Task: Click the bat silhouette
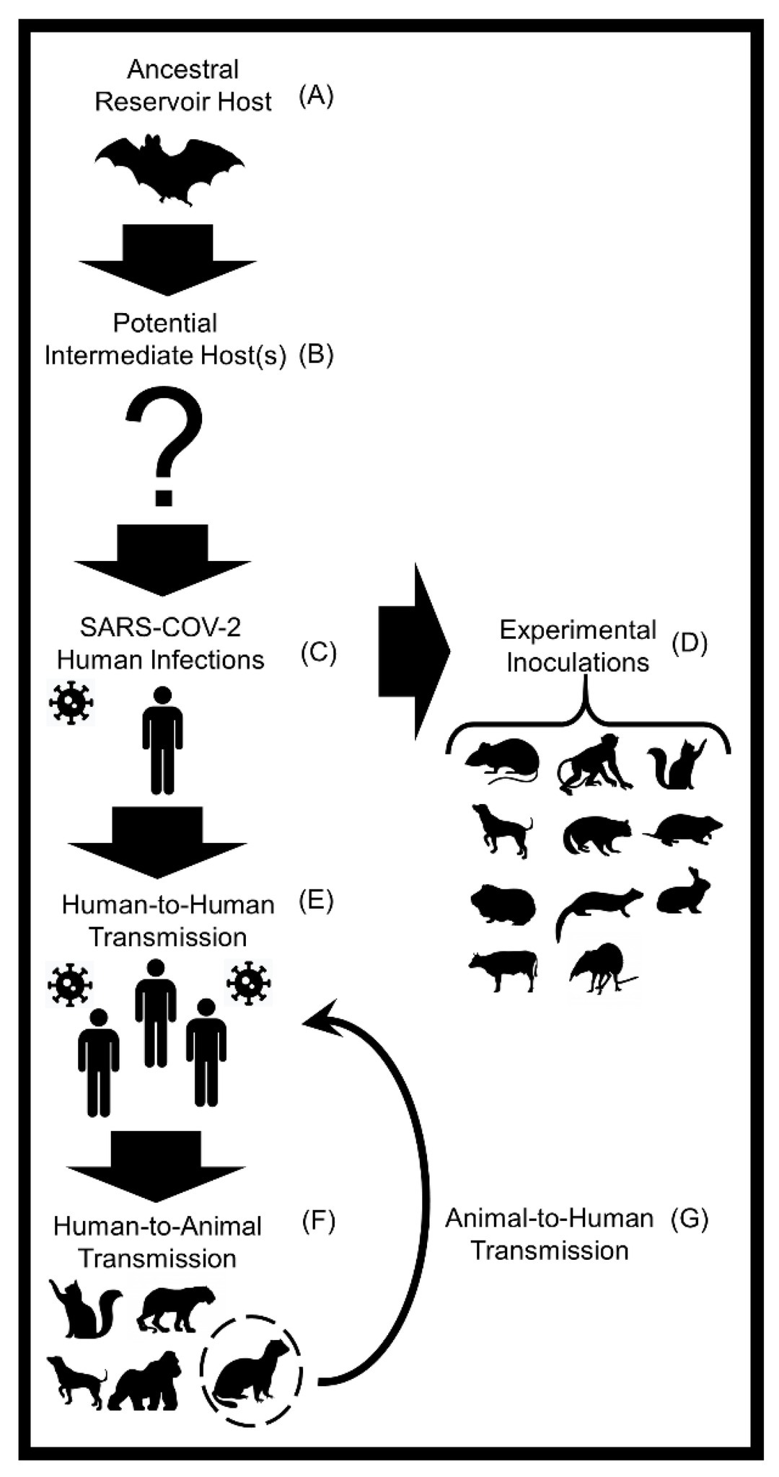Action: tap(170, 168)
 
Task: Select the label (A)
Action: tap(317, 95)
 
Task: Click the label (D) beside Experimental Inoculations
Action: tap(689, 643)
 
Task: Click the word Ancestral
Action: tap(182, 69)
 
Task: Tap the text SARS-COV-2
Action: tap(160, 627)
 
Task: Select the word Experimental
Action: tap(578, 630)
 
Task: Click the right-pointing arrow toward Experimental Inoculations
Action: tap(414, 652)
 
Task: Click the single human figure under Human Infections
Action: tap(162, 741)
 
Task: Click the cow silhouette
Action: tap(503, 971)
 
